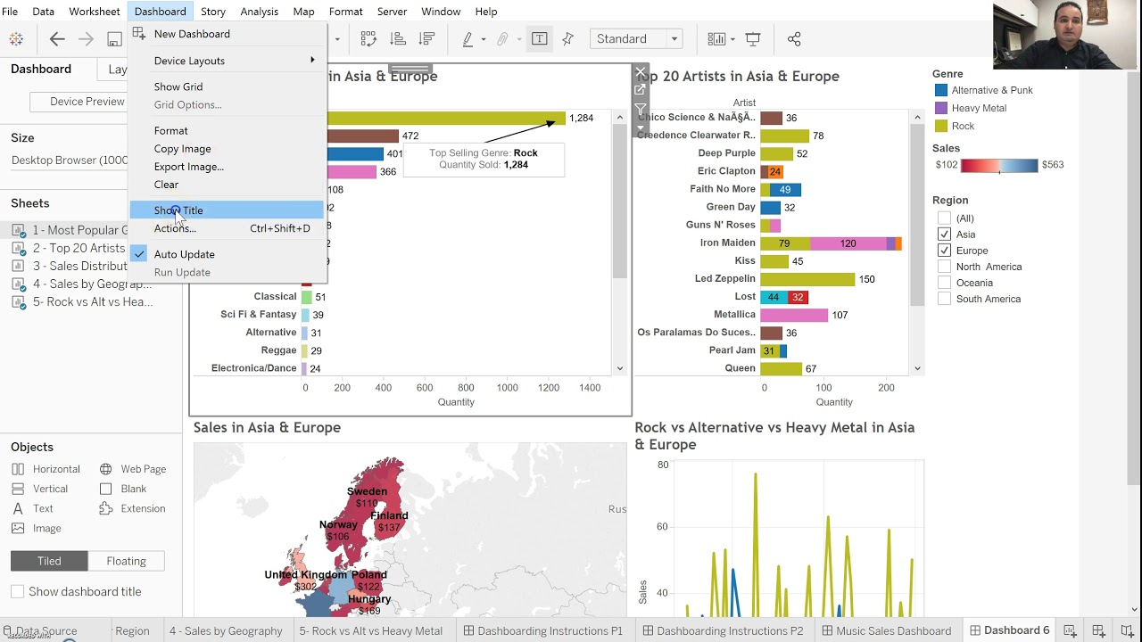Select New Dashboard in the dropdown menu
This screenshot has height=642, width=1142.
192,34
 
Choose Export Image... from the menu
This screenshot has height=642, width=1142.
188,167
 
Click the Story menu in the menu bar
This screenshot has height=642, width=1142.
212,12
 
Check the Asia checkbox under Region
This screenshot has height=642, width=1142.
944,235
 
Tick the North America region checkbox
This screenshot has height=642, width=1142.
944,267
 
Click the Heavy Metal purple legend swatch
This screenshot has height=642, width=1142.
940,108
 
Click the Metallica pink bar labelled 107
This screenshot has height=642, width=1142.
793,315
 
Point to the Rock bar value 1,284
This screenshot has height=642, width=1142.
581,118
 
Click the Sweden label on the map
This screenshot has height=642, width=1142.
367,491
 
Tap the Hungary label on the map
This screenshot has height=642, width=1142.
368,599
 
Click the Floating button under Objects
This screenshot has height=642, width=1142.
126,561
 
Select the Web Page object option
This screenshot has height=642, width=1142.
143,469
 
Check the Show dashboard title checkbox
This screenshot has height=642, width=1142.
17,591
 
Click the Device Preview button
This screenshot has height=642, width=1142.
87,102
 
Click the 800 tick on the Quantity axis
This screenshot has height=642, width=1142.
466,388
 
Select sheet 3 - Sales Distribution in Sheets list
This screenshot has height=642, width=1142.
79,266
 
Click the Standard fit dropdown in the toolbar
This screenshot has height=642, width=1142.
636,39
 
